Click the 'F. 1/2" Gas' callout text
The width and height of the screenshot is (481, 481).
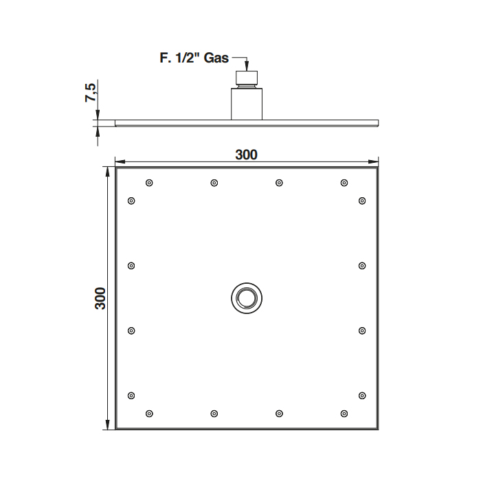[194, 58]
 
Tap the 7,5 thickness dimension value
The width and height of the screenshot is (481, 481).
[91, 92]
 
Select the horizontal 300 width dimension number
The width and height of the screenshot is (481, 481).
[246, 155]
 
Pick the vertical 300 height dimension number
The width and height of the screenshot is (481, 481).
[100, 298]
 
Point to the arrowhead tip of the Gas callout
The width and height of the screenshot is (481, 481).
[247, 71]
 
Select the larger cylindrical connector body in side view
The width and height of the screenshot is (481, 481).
[247, 104]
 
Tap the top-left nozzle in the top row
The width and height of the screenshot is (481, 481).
[149, 183]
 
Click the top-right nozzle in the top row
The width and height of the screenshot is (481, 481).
[344, 183]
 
